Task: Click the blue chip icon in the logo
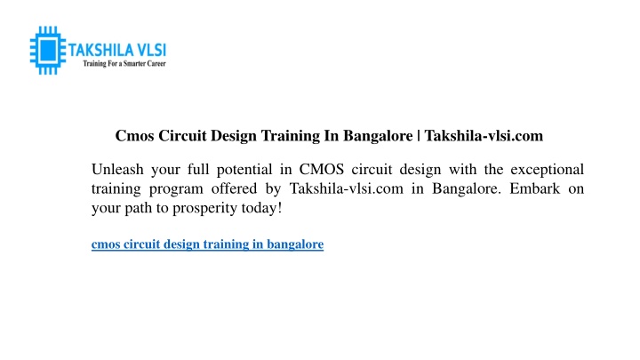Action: pyautogui.click(x=48, y=51)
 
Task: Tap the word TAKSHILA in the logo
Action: pyautogui.click(x=100, y=50)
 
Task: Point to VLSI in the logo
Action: pyautogui.click(x=151, y=50)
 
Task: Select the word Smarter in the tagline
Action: pyautogui.click(x=134, y=64)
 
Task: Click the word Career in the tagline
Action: pyautogui.click(x=156, y=64)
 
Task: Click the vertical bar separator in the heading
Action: pyautogui.click(x=419, y=135)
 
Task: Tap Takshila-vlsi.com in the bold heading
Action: pyautogui.click(x=484, y=135)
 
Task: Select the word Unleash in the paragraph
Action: pyautogui.click(x=117, y=169)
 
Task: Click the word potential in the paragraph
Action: pyautogui.click(x=244, y=170)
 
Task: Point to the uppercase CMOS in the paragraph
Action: pyautogui.click(x=322, y=169)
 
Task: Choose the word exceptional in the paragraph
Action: pyautogui.click(x=548, y=170)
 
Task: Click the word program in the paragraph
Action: pyautogui.click(x=176, y=189)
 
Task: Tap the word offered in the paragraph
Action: pyautogui.click(x=234, y=188)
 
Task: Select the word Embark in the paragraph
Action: pyautogui.click(x=535, y=188)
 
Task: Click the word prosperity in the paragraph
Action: pyautogui.click(x=205, y=209)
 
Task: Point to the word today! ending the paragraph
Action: pyautogui.click(x=261, y=208)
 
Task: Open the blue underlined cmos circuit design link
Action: pyautogui.click(x=207, y=244)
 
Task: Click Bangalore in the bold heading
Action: pyautogui.click(x=378, y=136)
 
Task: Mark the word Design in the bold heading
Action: pyautogui.click(x=234, y=136)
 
